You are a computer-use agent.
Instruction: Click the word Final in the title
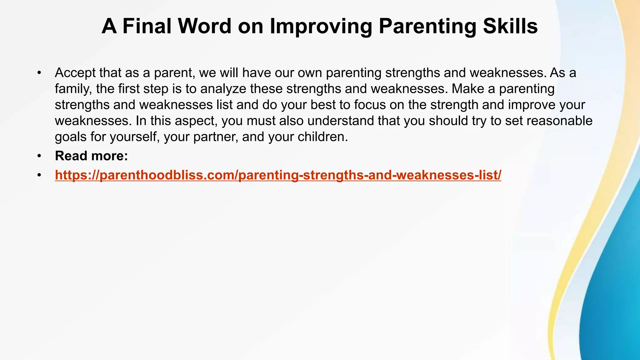pyautogui.click(x=147, y=26)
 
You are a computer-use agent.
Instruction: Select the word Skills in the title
pyautogui.click(x=510, y=26)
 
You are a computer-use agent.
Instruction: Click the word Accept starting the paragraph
pyautogui.click(x=75, y=73)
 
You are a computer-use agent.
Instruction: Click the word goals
pyautogui.click(x=71, y=137)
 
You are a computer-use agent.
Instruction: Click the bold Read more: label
pyautogui.click(x=91, y=156)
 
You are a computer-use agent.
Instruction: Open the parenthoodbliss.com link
pyautogui.click(x=278, y=175)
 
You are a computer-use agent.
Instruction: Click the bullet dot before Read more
pyautogui.click(x=39, y=156)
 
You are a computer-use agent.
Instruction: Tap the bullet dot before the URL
pyautogui.click(x=39, y=175)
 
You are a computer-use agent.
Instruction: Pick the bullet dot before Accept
pyautogui.click(x=39, y=73)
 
